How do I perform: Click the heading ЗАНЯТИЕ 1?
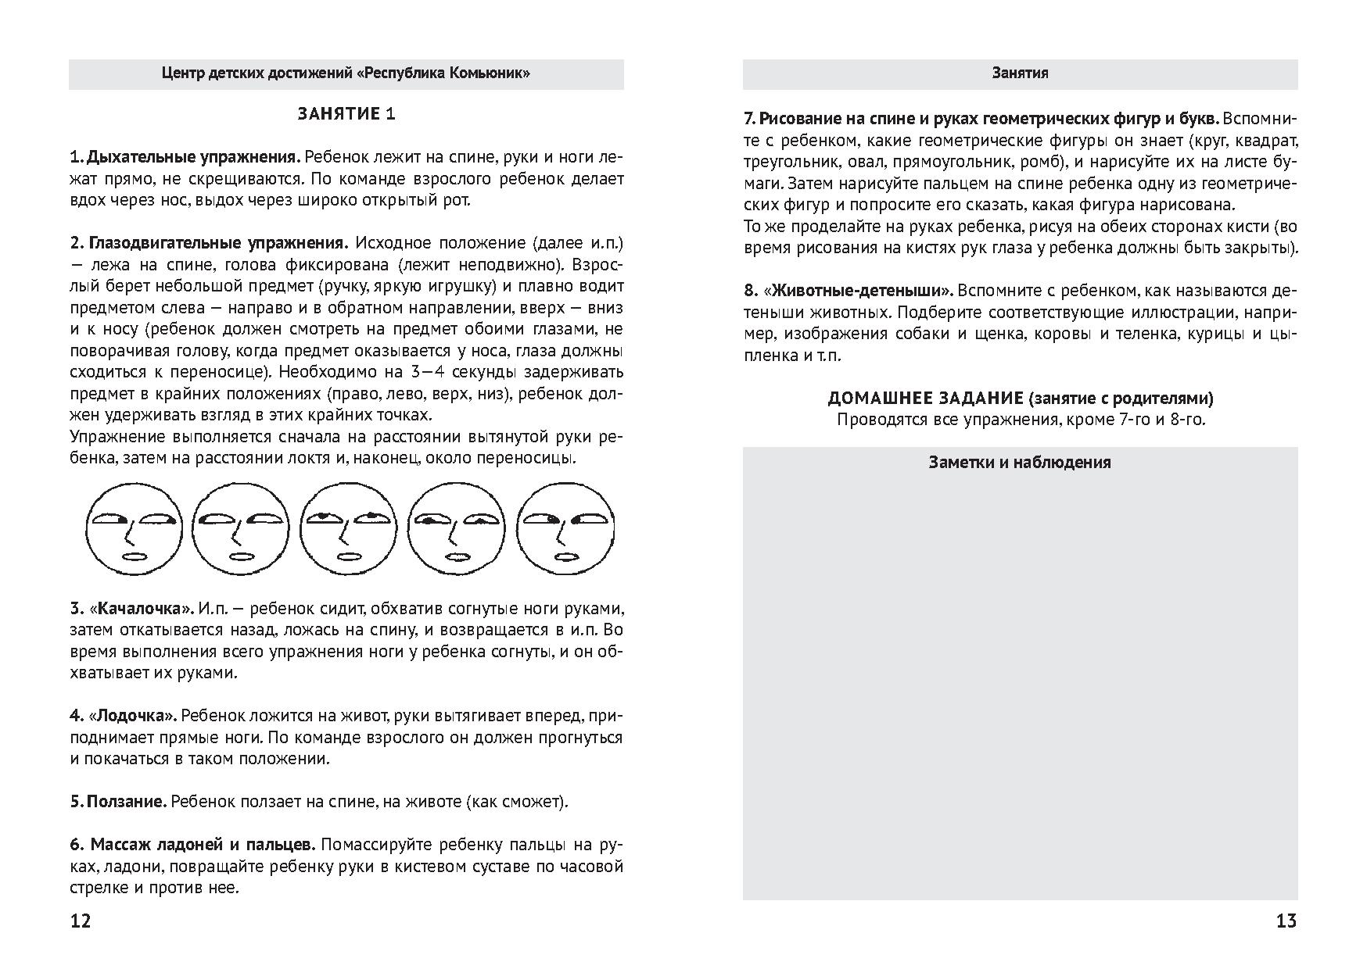point(346,114)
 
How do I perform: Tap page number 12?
point(81,921)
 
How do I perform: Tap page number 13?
point(1286,921)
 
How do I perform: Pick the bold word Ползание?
point(126,802)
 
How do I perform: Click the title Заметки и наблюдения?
point(1020,462)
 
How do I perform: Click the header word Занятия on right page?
point(1020,73)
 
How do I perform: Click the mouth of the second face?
point(239,556)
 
